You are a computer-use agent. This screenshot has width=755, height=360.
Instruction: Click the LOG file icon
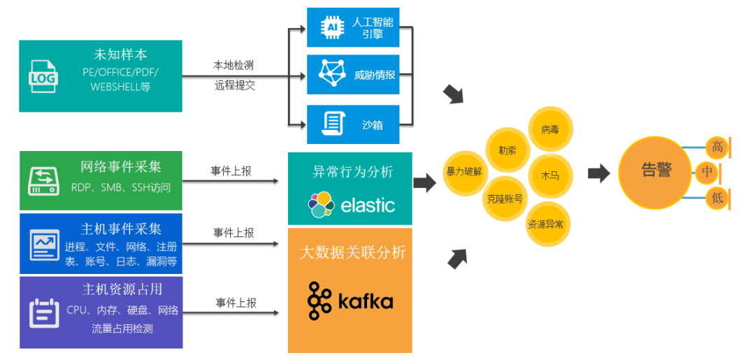[x=43, y=76]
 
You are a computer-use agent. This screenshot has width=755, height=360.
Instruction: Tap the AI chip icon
[x=333, y=27]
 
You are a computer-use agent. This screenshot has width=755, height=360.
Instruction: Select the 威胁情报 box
[x=353, y=74]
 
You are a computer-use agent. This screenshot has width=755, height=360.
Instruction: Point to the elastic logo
[x=350, y=204]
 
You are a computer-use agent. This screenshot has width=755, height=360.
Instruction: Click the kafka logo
[x=350, y=301]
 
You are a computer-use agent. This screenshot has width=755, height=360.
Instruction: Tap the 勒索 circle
[x=507, y=150]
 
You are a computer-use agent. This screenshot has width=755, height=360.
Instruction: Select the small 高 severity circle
[x=717, y=147]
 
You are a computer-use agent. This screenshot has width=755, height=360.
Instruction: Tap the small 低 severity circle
[x=717, y=199]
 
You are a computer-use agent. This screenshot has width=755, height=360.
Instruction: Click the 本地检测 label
[x=233, y=65]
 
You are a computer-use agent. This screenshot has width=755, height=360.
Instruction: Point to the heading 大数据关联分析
[x=352, y=252]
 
